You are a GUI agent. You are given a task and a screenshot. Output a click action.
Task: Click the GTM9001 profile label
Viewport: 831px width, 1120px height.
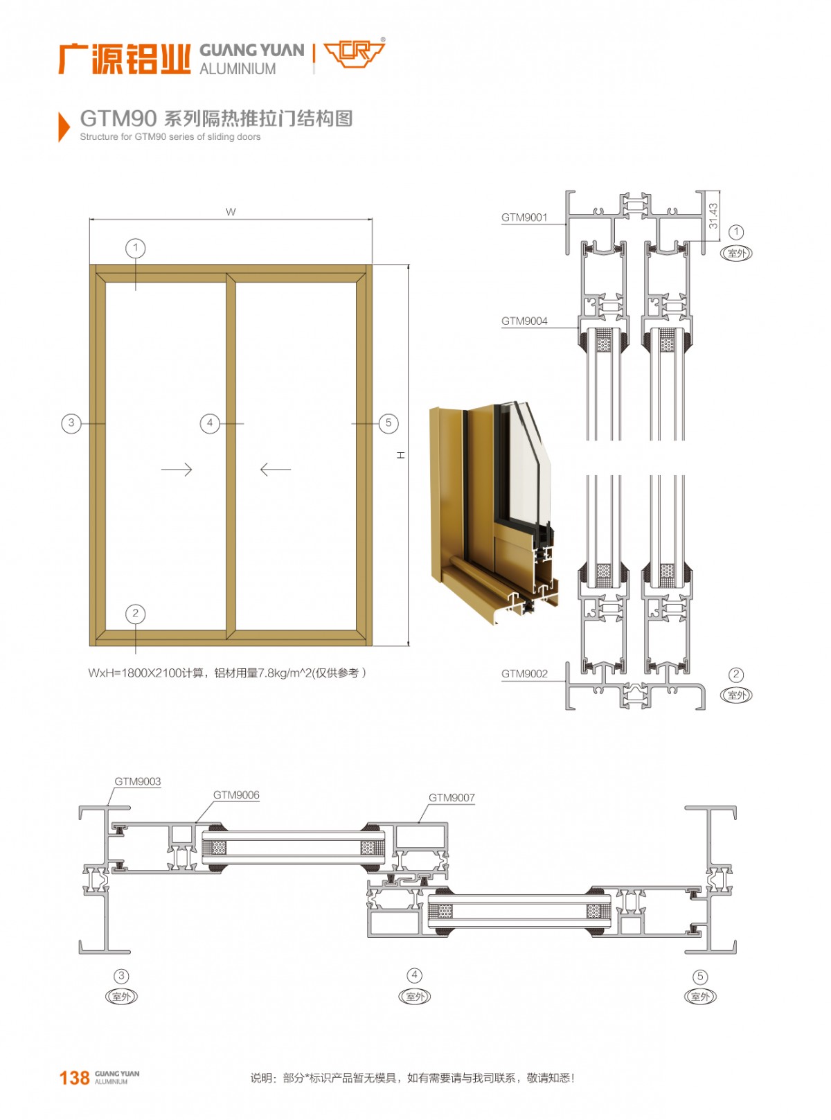pos(524,217)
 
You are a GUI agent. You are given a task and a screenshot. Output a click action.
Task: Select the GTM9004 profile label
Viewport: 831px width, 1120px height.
pos(524,321)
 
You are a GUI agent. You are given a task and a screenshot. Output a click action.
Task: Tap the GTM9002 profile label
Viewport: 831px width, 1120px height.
pos(524,673)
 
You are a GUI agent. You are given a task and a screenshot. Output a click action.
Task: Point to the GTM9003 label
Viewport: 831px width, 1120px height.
pos(137,781)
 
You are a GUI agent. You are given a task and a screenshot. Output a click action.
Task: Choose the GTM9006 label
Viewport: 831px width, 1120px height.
pos(235,795)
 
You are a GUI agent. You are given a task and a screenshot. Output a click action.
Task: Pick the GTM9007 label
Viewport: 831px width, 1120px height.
pos(452,797)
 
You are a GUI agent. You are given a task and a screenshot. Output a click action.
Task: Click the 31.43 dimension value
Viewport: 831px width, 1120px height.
pos(713,215)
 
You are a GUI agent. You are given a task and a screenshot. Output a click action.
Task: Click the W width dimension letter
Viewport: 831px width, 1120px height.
pos(230,212)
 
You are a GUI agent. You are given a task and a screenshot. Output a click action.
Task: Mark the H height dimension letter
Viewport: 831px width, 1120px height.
pos(401,455)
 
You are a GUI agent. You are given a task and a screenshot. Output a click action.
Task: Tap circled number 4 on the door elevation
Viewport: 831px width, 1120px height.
pos(210,423)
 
